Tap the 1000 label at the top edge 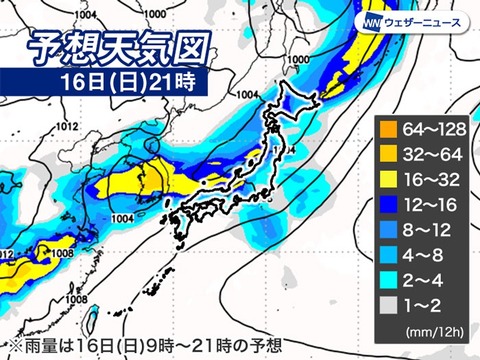[155, 14]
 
